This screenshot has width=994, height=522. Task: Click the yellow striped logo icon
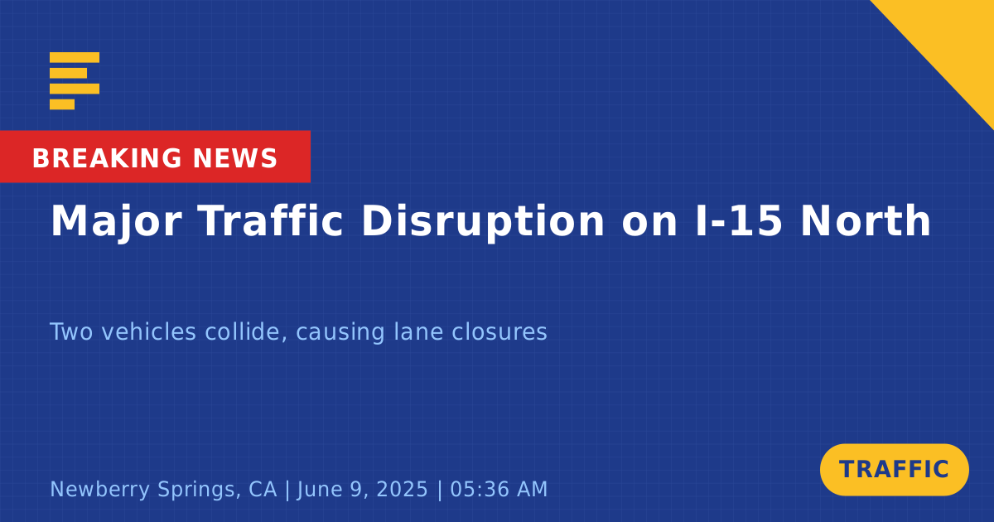[75, 81]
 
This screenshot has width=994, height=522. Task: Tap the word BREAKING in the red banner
[107, 158]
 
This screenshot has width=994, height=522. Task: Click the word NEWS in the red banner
[235, 158]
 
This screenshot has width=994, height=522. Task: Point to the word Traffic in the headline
[270, 220]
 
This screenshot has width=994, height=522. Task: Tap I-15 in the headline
[738, 220]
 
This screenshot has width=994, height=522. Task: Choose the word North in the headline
[866, 220]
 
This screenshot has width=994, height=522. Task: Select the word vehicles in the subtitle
[148, 331]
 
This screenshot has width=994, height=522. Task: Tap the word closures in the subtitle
[499, 331]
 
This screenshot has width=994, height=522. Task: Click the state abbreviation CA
[263, 489]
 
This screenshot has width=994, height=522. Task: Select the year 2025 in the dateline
[402, 489]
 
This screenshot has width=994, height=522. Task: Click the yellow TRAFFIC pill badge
[894, 470]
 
